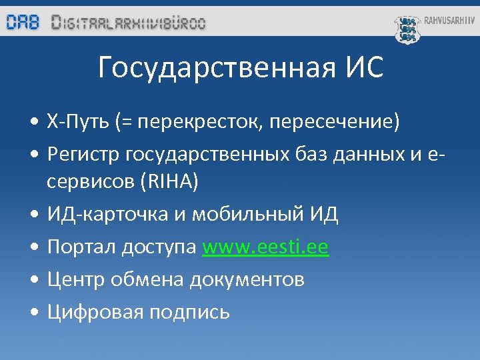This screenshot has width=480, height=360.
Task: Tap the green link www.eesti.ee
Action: pyautogui.click(x=265, y=247)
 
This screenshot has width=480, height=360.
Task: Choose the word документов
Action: pyautogui.click(x=247, y=279)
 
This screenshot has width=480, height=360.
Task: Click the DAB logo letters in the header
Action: pyautogui.click(x=23, y=22)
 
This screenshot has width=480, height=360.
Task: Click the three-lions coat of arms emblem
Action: pyautogui.click(x=407, y=29)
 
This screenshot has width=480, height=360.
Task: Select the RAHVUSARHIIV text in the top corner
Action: pyautogui.click(x=449, y=21)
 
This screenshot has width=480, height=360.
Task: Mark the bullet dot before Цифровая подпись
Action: pyautogui.click(x=33, y=312)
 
